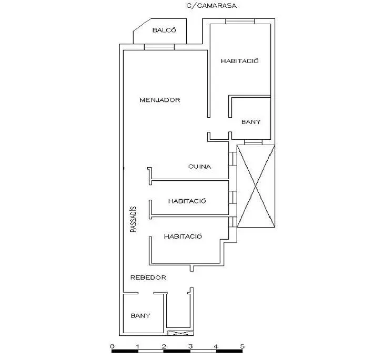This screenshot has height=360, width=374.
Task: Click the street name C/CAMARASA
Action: click(x=211, y=6)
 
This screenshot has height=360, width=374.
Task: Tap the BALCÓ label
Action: click(x=164, y=30)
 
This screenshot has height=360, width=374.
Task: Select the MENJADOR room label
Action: click(x=160, y=100)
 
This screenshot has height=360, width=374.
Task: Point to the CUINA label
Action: click(x=200, y=166)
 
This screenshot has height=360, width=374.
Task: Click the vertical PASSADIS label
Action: click(x=133, y=219)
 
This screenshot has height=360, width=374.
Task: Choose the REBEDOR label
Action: click(x=148, y=277)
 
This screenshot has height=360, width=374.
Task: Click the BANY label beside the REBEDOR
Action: click(x=140, y=316)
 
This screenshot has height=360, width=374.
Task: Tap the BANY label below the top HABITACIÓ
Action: click(x=251, y=122)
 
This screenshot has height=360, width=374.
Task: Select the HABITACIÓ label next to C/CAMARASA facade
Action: click(x=239, y=61)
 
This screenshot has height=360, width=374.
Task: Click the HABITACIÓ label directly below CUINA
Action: click(x=187, y=201)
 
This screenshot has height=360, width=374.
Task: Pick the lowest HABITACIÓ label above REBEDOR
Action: click(x=183, y=236)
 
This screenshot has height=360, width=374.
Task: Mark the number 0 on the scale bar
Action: click(x=113, y=346)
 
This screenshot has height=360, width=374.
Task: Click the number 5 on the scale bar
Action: click(x=242, y=346)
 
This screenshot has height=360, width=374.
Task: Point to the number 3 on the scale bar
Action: click(x=190, y=346)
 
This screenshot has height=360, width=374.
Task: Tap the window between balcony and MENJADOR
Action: click(x=159, y=47)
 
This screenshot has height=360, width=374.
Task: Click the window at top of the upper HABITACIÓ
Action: click(x=240, y=21)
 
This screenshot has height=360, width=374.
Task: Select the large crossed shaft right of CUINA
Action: click(x=256, y=186)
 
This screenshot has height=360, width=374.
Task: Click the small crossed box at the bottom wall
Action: click(x=180, y=333)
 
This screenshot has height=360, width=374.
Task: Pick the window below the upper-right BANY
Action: click(x=253, y=142)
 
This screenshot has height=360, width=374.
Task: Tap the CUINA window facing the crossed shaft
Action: click(x=233, y=159)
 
